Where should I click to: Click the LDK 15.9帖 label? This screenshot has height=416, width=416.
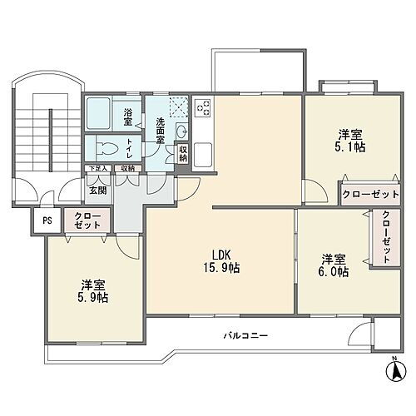[x=220, y=261]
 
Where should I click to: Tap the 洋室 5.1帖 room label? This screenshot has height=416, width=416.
[x=350, y=141]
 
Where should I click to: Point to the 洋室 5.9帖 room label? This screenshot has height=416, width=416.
[x=93, y=291]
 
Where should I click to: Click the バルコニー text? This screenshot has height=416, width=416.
[x=245, y=335]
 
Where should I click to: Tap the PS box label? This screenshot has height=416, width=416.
[x=47, y=220]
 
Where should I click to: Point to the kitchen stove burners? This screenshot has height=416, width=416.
[x=202, y=108]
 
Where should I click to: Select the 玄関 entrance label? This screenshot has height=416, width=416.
[x=98, y=191]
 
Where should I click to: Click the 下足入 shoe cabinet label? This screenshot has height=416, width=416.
[x=98, y=169]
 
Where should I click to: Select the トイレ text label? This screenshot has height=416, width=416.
[x=129, y=148]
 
